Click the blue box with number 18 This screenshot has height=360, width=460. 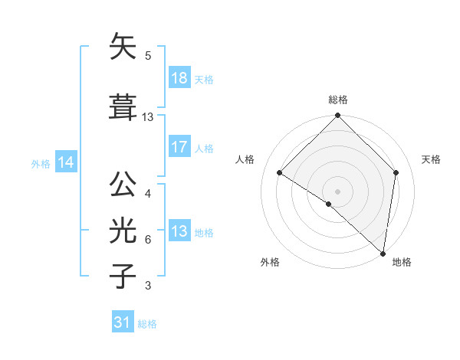[179, 79]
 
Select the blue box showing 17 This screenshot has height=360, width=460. [179, 147]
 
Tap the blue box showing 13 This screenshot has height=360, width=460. [179, 231]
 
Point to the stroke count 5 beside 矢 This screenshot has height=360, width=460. [147, 55]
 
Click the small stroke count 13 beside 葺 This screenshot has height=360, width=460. [148, 117]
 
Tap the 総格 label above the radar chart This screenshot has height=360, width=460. [337, 100]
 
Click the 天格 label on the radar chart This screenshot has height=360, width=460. [431, 159]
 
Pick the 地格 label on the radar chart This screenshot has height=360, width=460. [402, 263]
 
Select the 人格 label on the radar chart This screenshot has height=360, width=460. [245, 159]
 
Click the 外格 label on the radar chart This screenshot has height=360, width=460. [270, 263]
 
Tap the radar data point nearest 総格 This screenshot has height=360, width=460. [337, 116]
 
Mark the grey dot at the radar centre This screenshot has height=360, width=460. [337, 191]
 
